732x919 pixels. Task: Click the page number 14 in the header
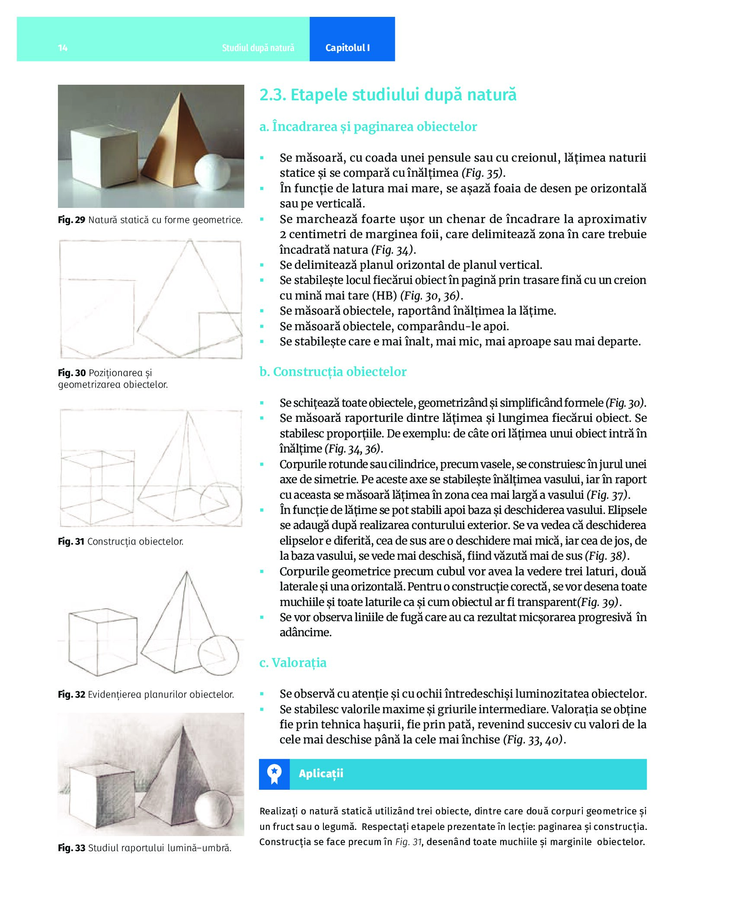point(63,48)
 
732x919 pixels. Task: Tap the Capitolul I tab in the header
point(347,48)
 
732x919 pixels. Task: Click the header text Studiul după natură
point(258,48)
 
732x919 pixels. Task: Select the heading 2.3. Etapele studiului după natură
point(387,95)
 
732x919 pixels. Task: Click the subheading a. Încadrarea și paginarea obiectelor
point(368,127)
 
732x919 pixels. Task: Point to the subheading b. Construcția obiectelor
point(333,372)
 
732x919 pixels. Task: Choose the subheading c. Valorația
point(293,663)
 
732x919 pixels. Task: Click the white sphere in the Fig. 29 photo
point(212,172)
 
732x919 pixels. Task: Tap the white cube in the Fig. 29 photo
point(104,156)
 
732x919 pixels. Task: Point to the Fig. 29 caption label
point(71,220)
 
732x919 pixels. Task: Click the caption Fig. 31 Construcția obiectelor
point(121,542)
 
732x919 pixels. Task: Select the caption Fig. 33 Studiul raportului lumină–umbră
point(144,848)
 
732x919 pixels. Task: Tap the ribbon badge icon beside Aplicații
point(274,774)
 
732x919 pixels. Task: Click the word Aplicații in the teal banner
point(321,774)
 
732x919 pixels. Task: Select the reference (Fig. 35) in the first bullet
point(483,173)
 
